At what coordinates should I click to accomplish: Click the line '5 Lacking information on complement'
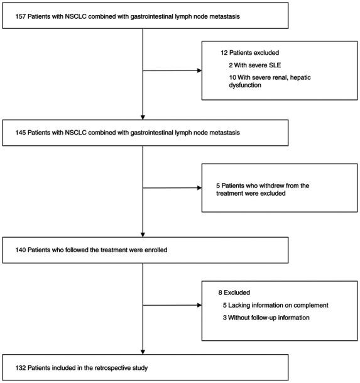270,305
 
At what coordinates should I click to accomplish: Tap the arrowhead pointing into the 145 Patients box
143,116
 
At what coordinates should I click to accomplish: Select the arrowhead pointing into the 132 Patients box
143,349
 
